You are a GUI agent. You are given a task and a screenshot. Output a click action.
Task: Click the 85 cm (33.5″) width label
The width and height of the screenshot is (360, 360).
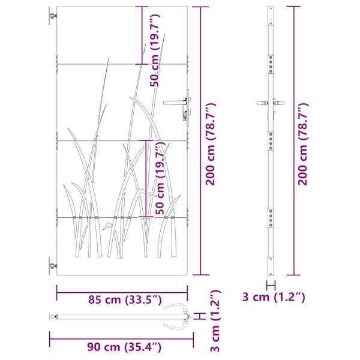tap(125, 300)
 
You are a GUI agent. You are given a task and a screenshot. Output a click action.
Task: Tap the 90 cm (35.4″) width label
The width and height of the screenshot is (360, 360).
tap(124, 347)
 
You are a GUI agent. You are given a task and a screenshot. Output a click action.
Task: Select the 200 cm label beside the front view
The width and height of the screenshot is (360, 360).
tap(211, 144)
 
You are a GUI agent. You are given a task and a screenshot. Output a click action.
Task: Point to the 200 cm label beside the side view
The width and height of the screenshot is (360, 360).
tap(303, 144)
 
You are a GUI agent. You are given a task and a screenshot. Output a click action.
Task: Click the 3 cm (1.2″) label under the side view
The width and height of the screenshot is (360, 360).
tap(274, 297)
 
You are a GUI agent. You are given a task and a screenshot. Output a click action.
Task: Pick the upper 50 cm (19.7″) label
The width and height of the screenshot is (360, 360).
tap(155, 50)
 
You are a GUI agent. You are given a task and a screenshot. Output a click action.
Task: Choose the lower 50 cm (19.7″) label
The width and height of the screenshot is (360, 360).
tap(160, 178)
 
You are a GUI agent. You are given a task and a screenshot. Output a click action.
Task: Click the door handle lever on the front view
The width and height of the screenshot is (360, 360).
tap(175, 103)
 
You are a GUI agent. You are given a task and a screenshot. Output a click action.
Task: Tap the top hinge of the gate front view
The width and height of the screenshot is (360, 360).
tap(53, 16)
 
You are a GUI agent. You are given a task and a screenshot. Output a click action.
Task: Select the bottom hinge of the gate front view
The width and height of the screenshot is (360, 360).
tap(53, 266)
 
